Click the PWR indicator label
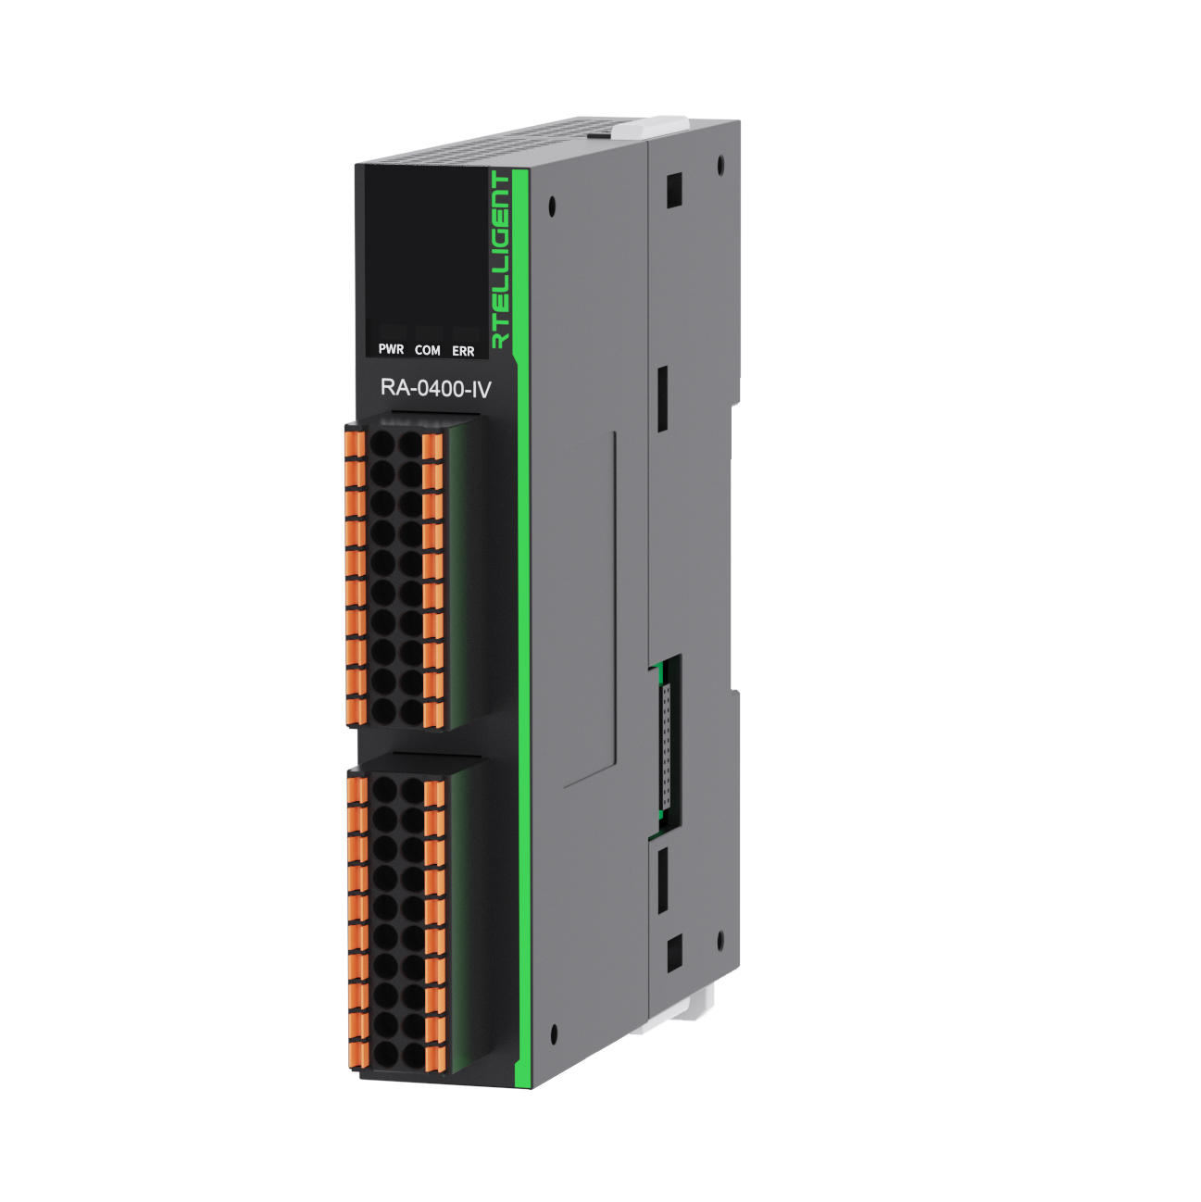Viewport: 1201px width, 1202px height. pos(391,350)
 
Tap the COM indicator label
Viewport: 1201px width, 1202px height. pos(428,351)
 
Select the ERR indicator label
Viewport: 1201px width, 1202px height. pos(463,352)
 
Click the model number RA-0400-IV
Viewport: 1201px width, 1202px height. pos(434,389)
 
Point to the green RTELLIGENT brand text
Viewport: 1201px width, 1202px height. pos(501,259)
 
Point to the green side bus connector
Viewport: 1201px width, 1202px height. pos(668,741)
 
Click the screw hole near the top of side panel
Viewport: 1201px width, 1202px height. pos(553,205)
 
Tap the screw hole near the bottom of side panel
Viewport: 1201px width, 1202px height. pos(554,1034)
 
